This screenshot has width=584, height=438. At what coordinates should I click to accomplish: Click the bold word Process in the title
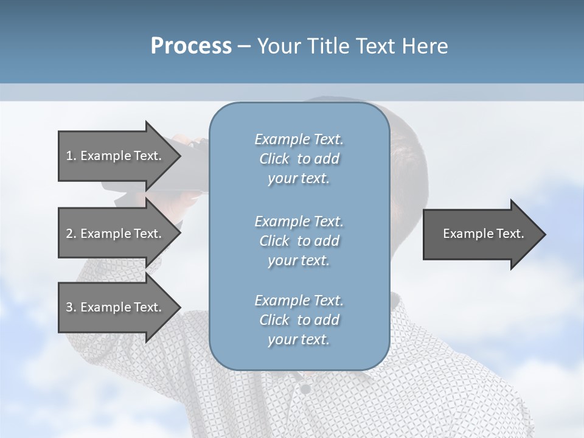pyautogui.click(x=191, y=46)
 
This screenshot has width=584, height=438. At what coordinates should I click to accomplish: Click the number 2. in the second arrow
pyautogui.click(x=71, y=234)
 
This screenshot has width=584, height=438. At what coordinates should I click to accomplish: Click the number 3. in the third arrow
pyautogui.click(x=71, y=307)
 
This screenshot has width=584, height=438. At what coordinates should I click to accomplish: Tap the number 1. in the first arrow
pyautogui.click(x=71, y=156)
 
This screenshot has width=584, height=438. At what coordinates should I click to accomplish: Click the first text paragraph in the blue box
pyautogui.click(x=299, y=159)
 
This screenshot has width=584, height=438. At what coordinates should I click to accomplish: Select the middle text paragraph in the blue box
pyautogui.click(x=299, y=241)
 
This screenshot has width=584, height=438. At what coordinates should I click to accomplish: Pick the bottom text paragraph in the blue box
pyautogui.click(x=299, y=320)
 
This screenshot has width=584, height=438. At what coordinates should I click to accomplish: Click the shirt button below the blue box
pyautogui.click(x=306, y=388)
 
